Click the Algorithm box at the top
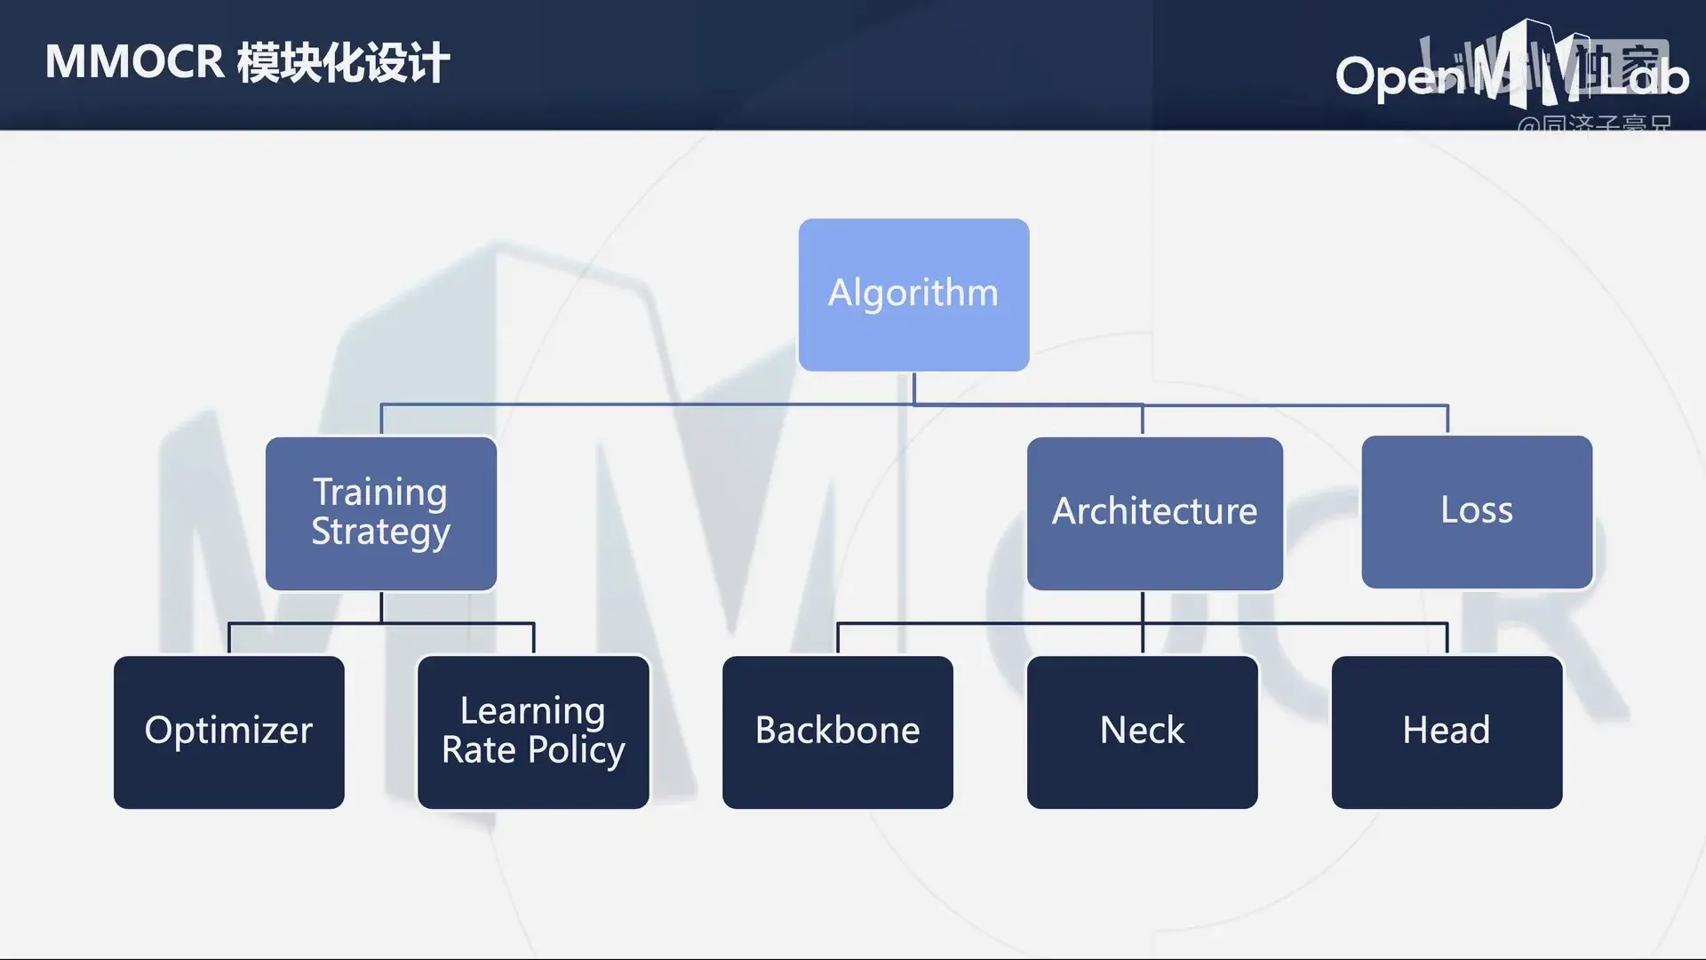(x=913, y=294)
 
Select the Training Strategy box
(x=380, y=513)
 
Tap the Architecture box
(x=1154, y=513)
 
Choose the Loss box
(x=1477, y=511)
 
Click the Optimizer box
(x=228, y=732)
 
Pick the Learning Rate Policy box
(x=533, y=732)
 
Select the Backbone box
(x=837, y=732)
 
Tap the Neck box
(x=1142, y=732)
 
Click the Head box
(x=1447, y=732)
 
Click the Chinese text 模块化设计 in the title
(x=343, y=63)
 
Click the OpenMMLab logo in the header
(x=1511, y=71)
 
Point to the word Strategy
(x=380, y=532)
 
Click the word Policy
(x=577, y=750)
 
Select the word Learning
(x=533, y=711)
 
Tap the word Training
(x=380, y=492)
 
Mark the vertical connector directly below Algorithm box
(x=913, y=388)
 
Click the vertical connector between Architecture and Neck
(x=1143, y=622)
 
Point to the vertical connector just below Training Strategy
(x=381, y=607)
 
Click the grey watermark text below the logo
(x=1594, y=125)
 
